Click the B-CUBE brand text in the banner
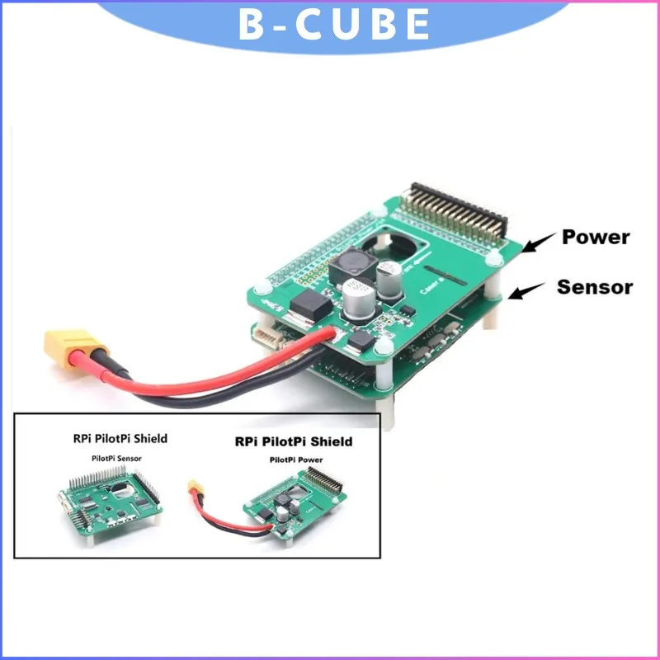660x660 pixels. pyautogui.click(x=333, y=24)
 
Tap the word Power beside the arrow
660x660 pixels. pyautogui.click(x=595, y=238)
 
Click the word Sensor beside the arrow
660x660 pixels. pyautogui.click(x=594, y=287)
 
